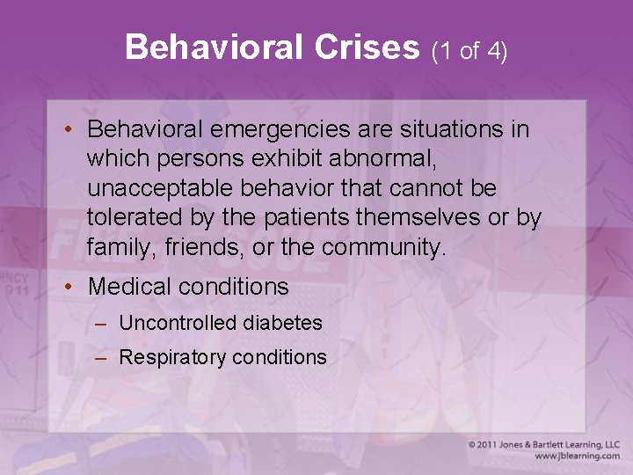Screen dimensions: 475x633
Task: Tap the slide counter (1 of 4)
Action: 469,51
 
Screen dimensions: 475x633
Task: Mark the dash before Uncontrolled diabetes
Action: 101,324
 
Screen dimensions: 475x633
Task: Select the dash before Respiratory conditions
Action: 101,358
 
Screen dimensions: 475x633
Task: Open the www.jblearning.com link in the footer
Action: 577,457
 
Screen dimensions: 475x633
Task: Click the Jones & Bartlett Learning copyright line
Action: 544,444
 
